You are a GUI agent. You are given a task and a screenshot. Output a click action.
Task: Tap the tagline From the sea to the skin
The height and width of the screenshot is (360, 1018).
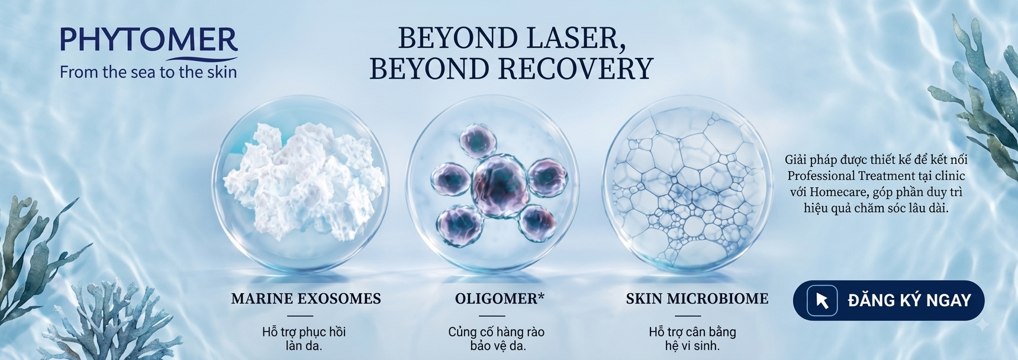click(149, 72)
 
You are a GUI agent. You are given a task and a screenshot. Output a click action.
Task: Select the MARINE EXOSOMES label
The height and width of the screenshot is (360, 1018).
click(306, 298)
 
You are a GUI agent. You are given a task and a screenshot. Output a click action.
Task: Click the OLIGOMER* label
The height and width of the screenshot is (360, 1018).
click(500, 298)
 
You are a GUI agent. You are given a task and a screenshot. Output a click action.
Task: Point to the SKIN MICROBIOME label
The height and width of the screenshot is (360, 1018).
click(697, 298)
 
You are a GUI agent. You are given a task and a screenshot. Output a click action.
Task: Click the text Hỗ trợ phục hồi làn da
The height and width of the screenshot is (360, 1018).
click(304, 339)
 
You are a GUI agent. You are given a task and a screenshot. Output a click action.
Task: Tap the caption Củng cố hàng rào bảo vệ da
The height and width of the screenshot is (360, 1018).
click(497, 339)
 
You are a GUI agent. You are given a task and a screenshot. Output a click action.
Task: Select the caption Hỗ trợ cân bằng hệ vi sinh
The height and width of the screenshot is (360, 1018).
click(692, 339)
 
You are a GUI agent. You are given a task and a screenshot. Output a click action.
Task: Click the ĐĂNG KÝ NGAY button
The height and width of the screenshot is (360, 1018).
click(888, 300)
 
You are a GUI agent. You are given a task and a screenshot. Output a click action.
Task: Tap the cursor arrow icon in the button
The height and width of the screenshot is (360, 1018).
click(822, 300)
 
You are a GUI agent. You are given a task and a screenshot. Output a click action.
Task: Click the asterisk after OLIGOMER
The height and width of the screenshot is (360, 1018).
click(541, 295)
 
